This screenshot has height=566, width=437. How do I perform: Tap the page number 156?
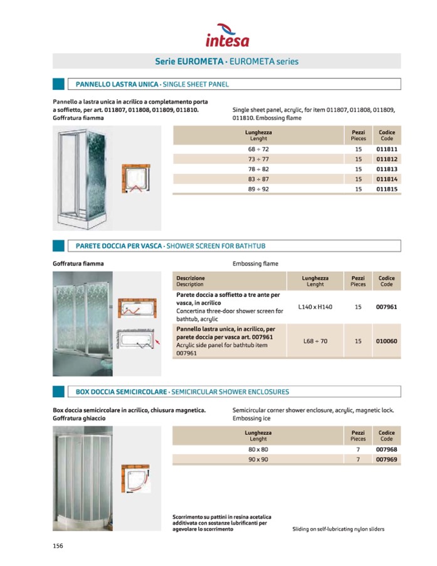point(58,546)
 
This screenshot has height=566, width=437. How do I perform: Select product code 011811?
point(387,150)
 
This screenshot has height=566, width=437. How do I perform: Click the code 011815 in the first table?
point(387,189)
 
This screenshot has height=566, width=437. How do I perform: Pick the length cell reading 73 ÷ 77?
point(258,160)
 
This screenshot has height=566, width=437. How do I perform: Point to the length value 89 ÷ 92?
point(258,189)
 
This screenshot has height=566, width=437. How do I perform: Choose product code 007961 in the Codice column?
point(387,307)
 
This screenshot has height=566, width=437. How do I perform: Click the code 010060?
point(387,341)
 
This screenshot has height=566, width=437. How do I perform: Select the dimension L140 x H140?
point(315,307)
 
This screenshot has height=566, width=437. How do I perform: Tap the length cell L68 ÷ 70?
point(315,341)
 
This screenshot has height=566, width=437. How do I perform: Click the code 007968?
point(387,450)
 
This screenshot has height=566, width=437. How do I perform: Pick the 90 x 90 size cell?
point(258,460)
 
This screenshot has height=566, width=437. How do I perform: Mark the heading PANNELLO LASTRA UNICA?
point(117,84)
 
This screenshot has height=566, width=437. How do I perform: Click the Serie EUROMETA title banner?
point(226,61)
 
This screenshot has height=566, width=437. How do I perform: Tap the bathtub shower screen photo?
point(83,323)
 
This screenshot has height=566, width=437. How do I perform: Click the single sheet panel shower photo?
point(85,179)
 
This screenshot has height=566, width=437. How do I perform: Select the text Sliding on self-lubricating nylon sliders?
point(338,529)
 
